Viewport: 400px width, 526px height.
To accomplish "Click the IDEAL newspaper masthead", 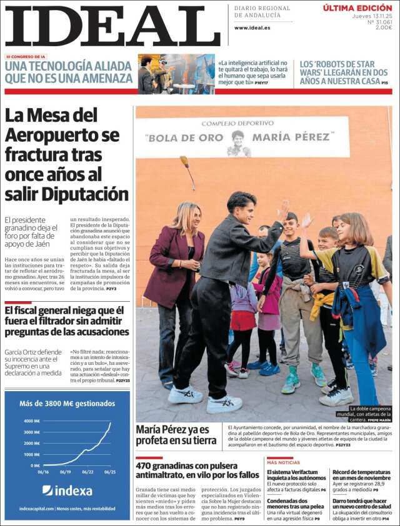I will tap(112, 26).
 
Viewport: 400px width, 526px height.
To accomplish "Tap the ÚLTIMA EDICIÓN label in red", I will tap(357, 8).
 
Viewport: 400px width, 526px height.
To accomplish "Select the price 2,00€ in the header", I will tap(383, 27).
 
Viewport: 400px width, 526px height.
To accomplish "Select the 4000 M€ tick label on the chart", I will tap(32, 421).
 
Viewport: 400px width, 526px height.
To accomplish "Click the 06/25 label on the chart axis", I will tap(109, 472).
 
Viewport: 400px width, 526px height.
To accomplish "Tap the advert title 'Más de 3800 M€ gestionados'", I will tap(67, 404).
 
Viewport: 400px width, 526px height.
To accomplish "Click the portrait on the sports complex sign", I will tap(237, 143).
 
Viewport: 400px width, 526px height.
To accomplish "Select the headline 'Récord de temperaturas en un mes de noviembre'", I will tap(361, 475).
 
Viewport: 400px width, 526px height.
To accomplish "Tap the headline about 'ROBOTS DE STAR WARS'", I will tap(344, 72).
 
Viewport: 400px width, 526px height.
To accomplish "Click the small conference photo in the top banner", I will tap(176, 74).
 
